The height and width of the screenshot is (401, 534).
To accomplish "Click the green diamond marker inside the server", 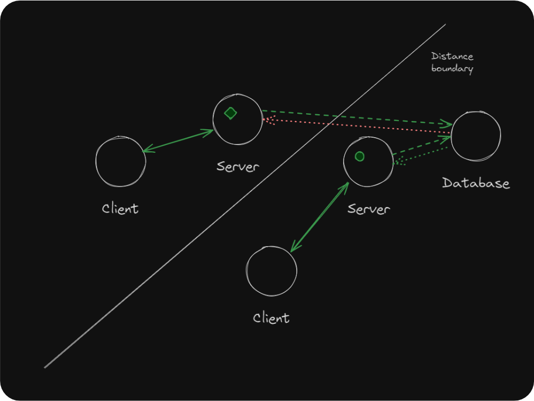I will [x=230, y=113].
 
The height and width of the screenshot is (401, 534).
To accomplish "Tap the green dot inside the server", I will [x=359, y=155].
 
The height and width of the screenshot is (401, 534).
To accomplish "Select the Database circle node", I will [x=476, y=136].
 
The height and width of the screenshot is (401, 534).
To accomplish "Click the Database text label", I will [x=476, y=183].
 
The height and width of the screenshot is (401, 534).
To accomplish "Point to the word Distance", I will [x=452, y=56].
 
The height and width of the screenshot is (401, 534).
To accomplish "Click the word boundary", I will [x=452, y=68].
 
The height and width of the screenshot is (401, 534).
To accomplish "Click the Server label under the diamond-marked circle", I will [x=238, y=167].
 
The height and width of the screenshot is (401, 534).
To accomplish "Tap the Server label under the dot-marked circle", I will [x=369, y=209].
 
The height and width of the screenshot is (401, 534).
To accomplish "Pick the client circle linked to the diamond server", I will [x=120, y=161].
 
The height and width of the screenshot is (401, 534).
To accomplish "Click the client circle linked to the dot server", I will [x=271, y=271].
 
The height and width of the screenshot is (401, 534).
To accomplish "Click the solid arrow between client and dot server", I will [x=319, y=217].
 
